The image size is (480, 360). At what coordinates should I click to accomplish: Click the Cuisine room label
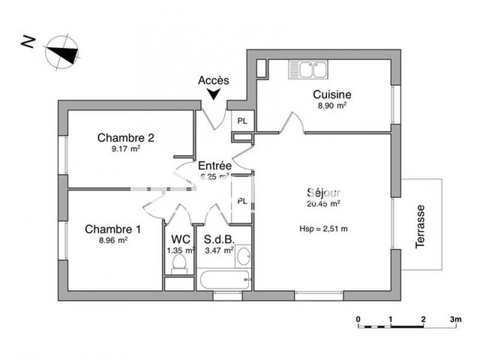click(x=332, y=94)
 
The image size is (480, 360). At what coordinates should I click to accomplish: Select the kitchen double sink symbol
click(x=307, y=70)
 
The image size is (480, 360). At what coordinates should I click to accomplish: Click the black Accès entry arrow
click(x=214, y=94)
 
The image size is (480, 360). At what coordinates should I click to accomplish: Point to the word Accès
click(x=214, y=80)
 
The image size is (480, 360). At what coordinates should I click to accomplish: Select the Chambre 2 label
click(x=126, y=137)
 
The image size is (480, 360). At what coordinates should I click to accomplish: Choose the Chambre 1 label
click(x=113, y=229)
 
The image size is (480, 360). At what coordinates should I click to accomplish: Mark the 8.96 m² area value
click(x=113, y=240)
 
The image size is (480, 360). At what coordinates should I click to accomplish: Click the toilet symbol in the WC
click(x=179, y=263)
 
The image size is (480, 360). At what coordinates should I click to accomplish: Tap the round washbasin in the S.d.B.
click(x=244, y=256)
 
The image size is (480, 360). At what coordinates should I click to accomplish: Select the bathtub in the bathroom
click(x=224, y=279)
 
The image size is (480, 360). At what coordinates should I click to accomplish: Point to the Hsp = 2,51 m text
click(x=323, y=229)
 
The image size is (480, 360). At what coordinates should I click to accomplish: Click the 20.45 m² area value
click(x=323, y=203)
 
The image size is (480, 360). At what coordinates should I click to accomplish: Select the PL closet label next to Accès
click(x=242, y=120)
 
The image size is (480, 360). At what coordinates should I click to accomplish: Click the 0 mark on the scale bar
click(x=358, y=319)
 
